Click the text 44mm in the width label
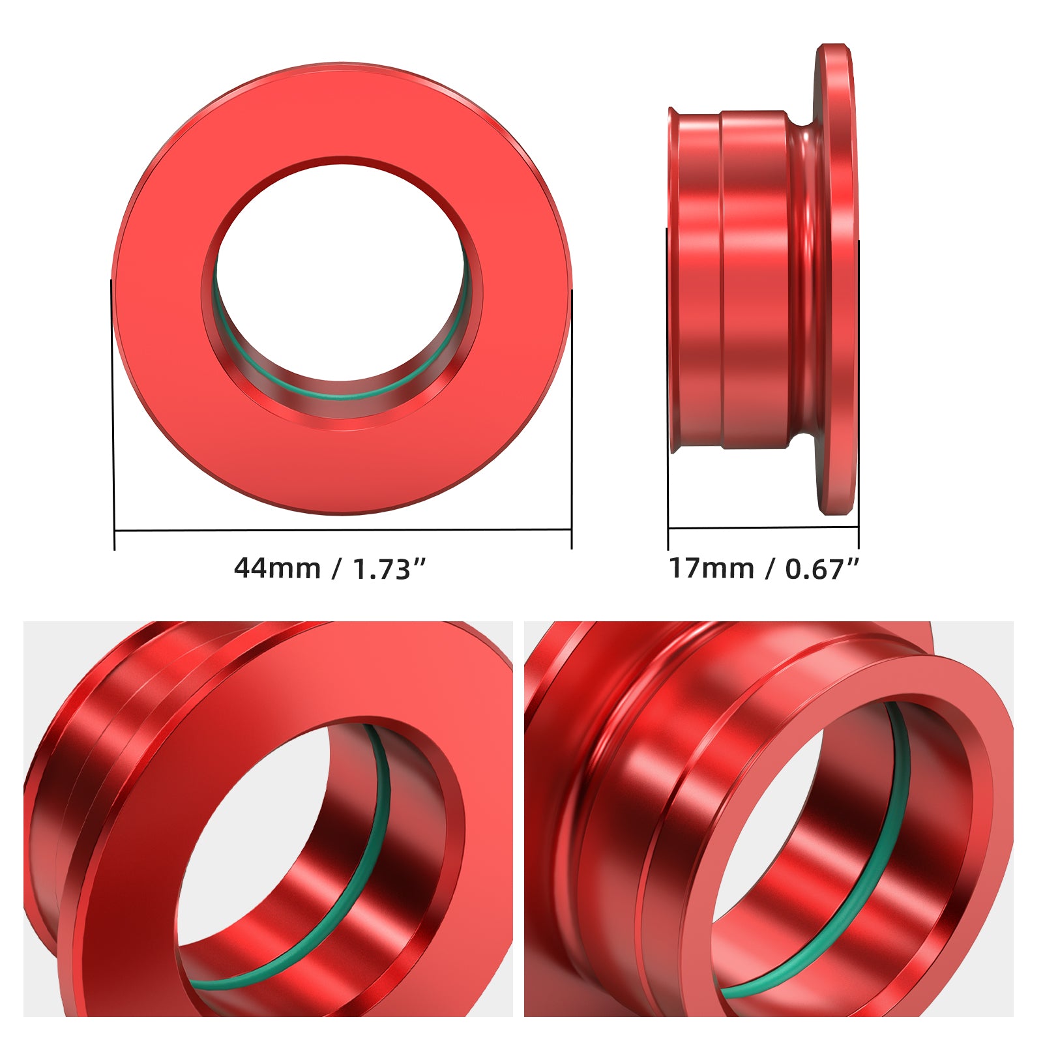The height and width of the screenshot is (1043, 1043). [277, 568]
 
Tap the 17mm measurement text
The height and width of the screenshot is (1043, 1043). [711, 568]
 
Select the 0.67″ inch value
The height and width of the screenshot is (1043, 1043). [821, 569]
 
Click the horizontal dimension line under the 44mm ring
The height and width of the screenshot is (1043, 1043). [342, 530]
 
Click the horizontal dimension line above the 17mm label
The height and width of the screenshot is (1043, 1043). [763, 528]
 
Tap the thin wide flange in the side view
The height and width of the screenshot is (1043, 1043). [836, 280]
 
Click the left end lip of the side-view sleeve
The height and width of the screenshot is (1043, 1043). [673, 280]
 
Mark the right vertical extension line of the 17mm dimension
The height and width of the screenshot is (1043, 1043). [859, 391]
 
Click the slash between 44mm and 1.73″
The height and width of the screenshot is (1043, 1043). [336, 569]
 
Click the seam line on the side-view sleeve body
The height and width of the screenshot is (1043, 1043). [721, 280]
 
